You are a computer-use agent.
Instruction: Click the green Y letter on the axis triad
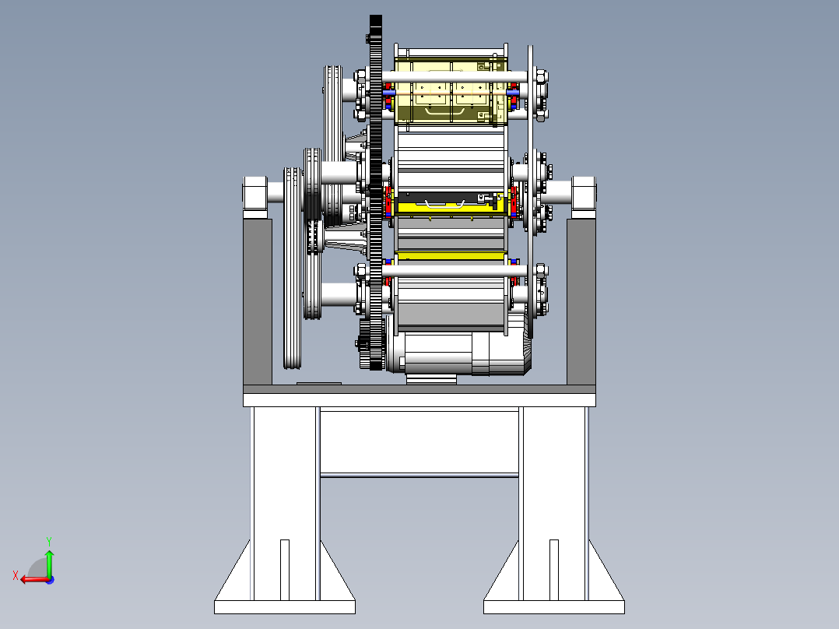(49, 541)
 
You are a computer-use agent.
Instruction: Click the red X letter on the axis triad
(16, 576)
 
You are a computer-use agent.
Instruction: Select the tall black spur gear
(376, 192)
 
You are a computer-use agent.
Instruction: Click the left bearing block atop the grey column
(255, 197)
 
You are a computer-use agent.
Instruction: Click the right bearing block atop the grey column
(583, 197)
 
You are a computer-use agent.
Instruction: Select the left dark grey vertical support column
(258, 302)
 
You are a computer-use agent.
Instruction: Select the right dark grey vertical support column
(581, 302)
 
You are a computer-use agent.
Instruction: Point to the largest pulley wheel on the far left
(292, 268)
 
